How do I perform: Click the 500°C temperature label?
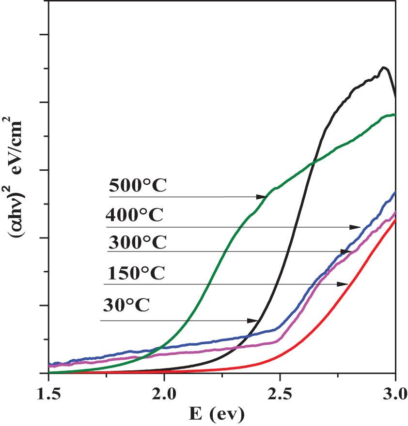click(138, 186)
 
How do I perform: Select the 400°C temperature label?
click(135, 215)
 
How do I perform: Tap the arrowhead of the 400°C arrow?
click(357, 227)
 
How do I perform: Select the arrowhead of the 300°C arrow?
click(346, 251)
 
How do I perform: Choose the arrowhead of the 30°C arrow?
click(254, 321)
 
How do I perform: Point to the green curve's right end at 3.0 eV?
click(394, 115)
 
